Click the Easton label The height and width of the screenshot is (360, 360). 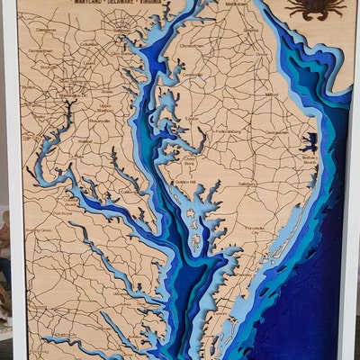(192, 119)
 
